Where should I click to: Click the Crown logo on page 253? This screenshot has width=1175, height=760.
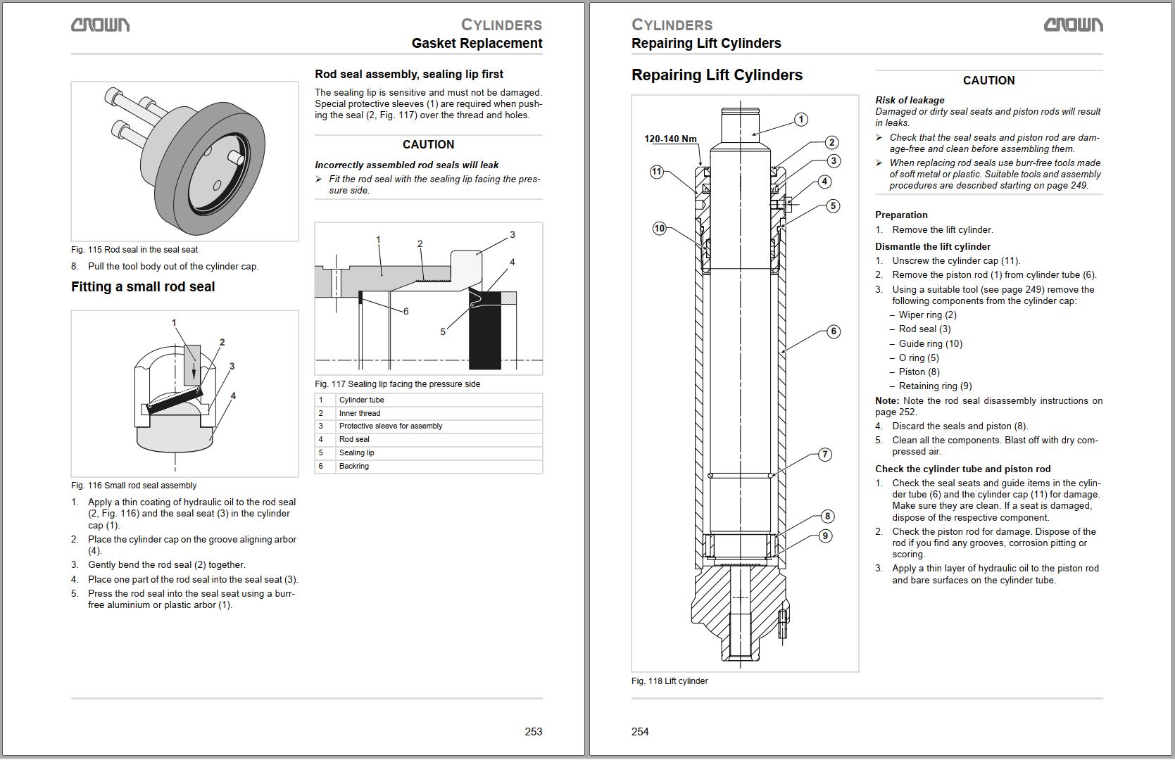point(100,25)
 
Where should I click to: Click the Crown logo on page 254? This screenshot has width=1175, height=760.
point(1073,25)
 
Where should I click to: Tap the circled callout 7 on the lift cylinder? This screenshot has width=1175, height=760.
point(825,455)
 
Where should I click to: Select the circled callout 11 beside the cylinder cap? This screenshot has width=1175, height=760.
point(656,172)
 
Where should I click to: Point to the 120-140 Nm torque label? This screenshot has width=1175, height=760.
point(670,139)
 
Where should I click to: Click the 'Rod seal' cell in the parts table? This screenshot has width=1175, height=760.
point(354,439)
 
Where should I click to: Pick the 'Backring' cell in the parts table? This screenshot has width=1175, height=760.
point(354,466)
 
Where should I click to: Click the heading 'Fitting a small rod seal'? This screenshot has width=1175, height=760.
point(143,286)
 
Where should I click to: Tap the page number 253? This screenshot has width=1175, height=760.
point(533,732)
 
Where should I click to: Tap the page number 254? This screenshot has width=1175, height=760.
point(640,732)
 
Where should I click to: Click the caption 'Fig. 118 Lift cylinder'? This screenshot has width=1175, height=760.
point(670,681)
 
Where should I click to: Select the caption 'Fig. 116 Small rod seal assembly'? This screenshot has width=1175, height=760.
point(134,486)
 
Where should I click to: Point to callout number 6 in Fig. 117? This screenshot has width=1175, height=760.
point(406,311)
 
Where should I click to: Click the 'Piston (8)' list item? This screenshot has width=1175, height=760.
point(919,372)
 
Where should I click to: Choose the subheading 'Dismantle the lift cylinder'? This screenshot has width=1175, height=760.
point(932,246)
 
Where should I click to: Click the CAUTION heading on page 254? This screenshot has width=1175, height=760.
point(988,80)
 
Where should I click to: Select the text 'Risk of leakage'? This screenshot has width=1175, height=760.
point(910,100)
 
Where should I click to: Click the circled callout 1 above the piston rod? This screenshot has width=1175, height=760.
point(801,120)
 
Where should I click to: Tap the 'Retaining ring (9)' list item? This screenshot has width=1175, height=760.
point(935,386)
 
